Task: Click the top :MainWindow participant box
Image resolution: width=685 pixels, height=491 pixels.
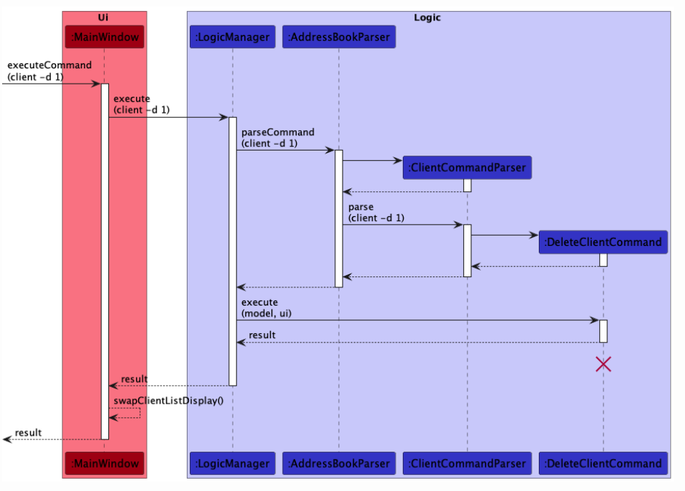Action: point(104,36)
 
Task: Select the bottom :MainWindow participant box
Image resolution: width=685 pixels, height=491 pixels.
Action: point(104,463)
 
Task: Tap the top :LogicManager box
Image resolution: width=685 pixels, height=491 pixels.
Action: point(233,36)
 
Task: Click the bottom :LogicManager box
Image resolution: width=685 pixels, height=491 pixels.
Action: point(233,463)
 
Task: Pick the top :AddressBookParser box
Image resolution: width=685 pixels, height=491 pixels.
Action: point(339,36)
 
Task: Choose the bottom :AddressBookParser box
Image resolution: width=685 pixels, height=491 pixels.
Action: point(339,463)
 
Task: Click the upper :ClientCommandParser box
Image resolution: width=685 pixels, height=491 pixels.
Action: point(467,168)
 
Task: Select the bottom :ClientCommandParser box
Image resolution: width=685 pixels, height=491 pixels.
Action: point(467,463)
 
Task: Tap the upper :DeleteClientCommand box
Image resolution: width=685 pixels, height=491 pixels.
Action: point(603,242)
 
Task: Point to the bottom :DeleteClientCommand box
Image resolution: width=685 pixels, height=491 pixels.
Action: point(603,463)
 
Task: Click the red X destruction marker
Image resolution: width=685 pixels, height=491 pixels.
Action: point(603,364)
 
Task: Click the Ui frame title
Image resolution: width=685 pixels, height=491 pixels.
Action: point(103,17)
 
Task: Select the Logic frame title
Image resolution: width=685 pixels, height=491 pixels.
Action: point(427,17)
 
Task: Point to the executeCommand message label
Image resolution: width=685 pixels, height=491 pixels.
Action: point(49,71)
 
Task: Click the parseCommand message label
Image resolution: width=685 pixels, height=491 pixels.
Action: point(278,137)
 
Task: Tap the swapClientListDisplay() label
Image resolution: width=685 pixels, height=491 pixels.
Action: point(168,401)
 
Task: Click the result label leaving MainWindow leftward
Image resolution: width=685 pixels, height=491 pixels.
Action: point(28,433)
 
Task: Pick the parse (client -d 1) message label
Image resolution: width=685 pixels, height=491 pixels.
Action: point(376,212)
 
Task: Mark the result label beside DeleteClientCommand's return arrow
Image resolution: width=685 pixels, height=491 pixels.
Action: point(262,335)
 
